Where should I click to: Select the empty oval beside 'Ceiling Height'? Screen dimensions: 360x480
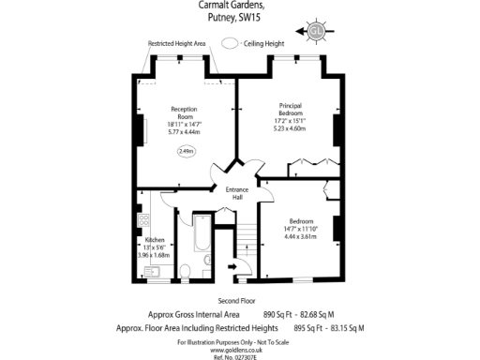pos(229,43)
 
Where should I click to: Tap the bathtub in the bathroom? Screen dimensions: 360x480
pos(203,242)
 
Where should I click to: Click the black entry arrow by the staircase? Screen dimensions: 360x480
pos(232,266)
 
